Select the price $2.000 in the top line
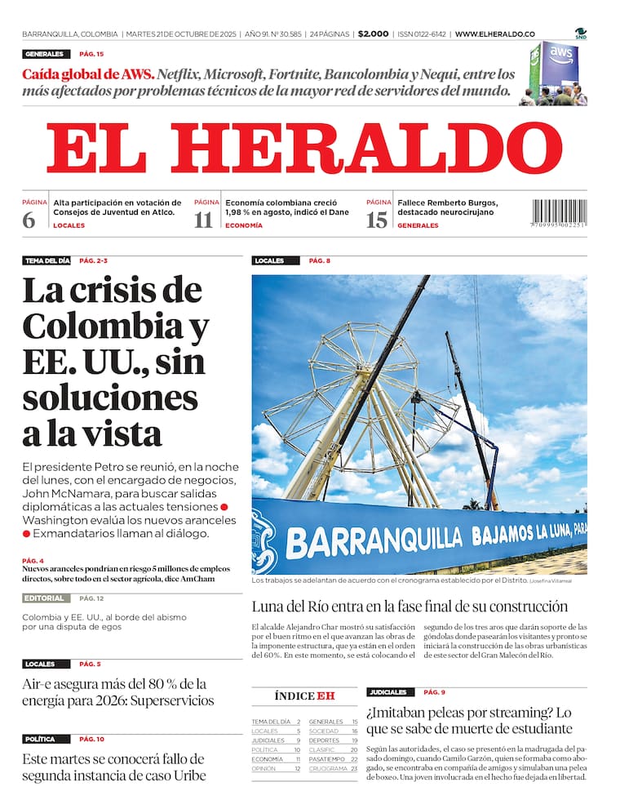373,34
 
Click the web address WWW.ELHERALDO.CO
494,34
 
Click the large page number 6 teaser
29,220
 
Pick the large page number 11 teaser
202,220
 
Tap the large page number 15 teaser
376,220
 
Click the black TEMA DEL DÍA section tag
46,260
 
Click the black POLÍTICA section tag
40,739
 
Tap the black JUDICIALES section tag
387,692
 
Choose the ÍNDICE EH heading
304,696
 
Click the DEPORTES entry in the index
324,740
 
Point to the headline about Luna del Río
410,607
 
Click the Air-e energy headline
118,691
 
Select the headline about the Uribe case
114,767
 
